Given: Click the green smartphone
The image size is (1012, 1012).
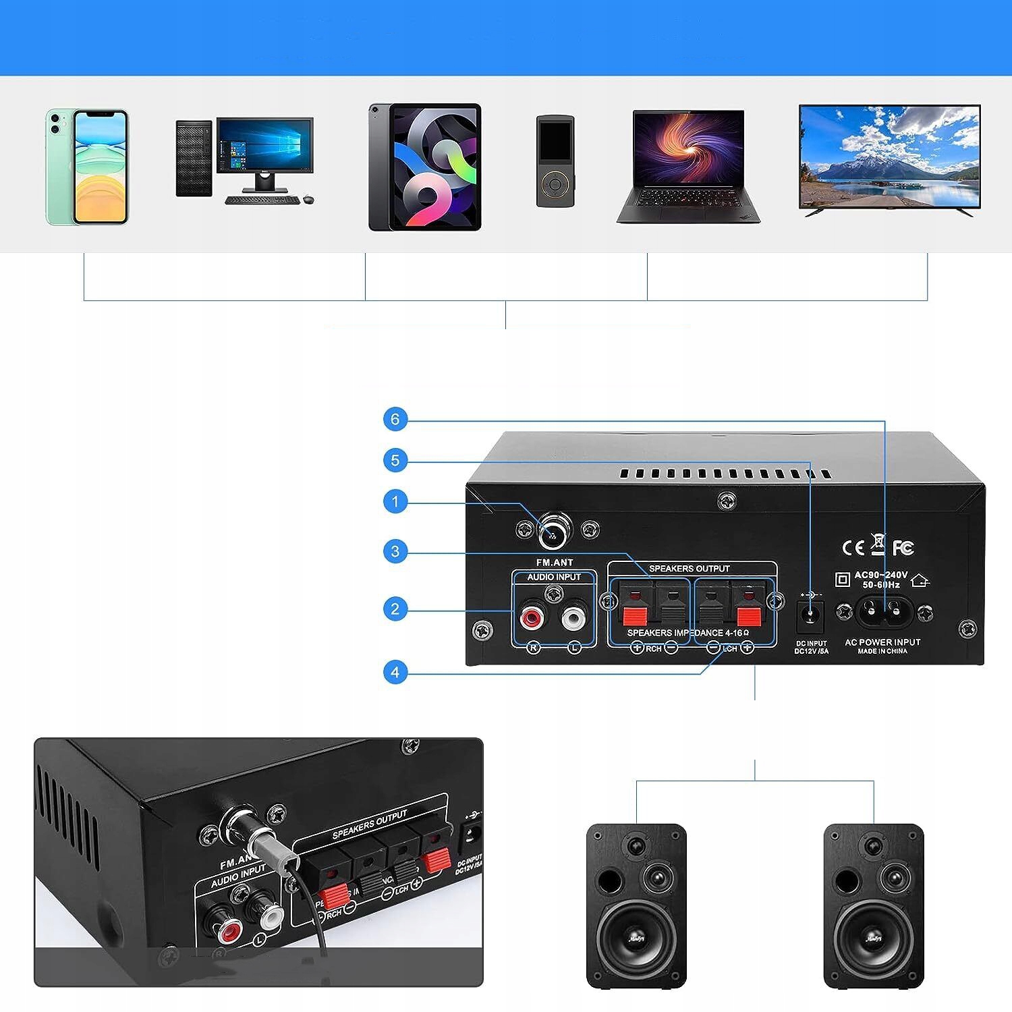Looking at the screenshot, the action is (x=86, y=167).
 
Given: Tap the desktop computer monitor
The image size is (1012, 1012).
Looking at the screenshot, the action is (x=264, y=146).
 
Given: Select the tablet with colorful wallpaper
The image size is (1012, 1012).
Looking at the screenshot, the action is (x=425, y=167).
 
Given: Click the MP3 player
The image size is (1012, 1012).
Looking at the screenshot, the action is (x=555, y=161).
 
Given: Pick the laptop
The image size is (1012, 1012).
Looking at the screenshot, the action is (x=688, y=166).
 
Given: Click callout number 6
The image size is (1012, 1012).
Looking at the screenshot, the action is (x=395, y=420).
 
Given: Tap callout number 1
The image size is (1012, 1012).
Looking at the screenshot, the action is (x=395, y=502).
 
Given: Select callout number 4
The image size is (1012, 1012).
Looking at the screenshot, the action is (x=395, y=672).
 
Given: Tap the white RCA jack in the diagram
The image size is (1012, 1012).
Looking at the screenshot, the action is (x=573, y=616).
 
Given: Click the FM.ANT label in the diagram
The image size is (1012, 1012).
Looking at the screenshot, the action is (x=554, y=562).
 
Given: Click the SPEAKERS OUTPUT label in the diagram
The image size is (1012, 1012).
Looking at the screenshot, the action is (x=689, y=569).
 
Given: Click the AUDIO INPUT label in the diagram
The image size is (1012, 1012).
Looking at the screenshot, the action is (x=554, y=577).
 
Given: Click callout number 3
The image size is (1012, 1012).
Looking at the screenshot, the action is (x=395, y=552).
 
